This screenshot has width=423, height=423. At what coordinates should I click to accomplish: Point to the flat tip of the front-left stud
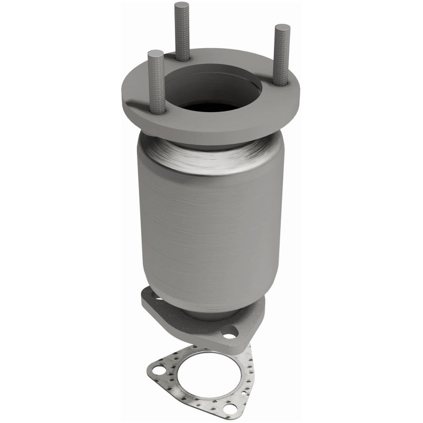[155, 53]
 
